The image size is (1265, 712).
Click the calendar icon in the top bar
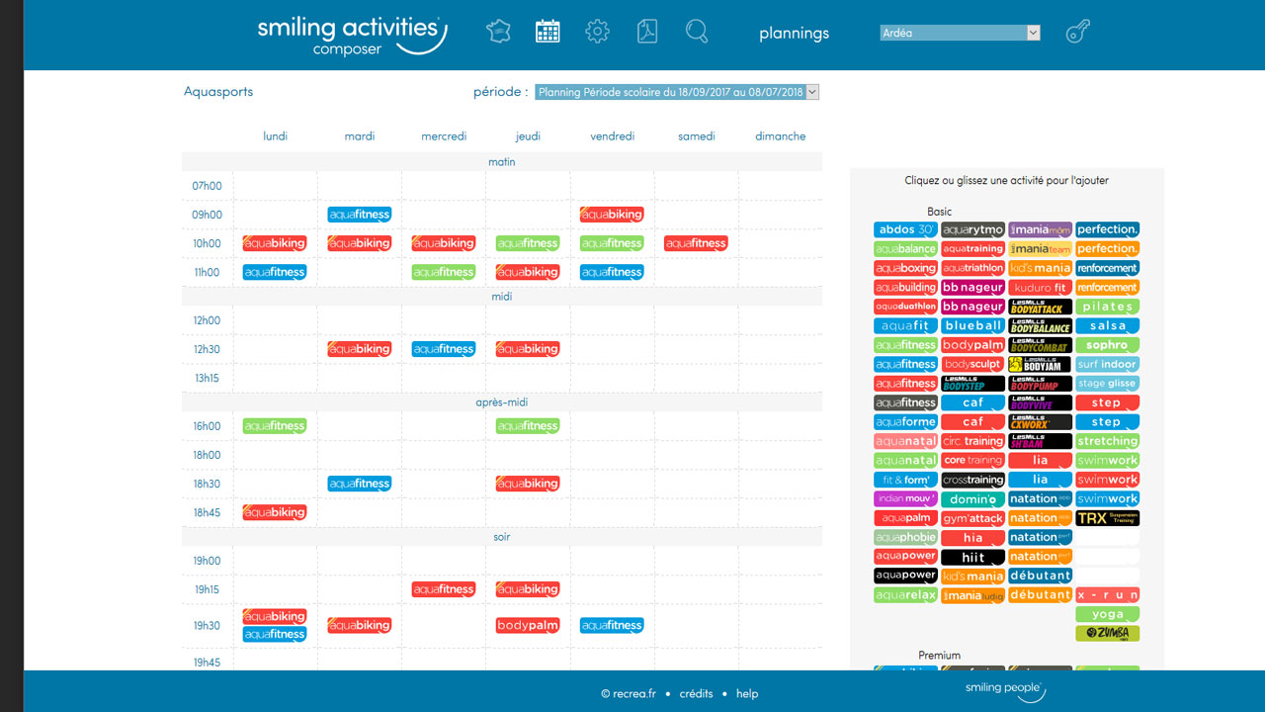coord(548,32)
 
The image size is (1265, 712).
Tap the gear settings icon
coord(597,32)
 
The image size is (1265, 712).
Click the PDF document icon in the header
coord(647,32)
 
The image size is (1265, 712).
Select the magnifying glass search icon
coord(697,32)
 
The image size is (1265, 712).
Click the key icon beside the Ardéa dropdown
coord(1077,32)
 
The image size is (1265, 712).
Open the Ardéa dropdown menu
coord(960,33)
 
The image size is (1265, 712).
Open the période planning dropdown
coord(677,92)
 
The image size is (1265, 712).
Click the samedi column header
coord(697,136)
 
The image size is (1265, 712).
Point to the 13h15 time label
coord(207,378)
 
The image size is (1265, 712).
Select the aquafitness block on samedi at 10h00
coord(697,243)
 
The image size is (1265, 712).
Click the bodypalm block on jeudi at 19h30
coord(528,625)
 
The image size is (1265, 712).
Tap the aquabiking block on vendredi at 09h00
coord(612,215)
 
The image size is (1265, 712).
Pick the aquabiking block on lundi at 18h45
coord(275,512)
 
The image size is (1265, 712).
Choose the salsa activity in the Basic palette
coord(1107,325)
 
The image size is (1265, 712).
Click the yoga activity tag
coord(1107,614)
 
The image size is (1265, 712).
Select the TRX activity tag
coord(1107,518)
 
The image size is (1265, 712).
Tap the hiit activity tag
coord(973,557)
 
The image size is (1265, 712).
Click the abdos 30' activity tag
coord(905,229)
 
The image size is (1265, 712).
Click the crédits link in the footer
coord(696,693)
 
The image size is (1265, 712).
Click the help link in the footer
coord(747,693)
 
